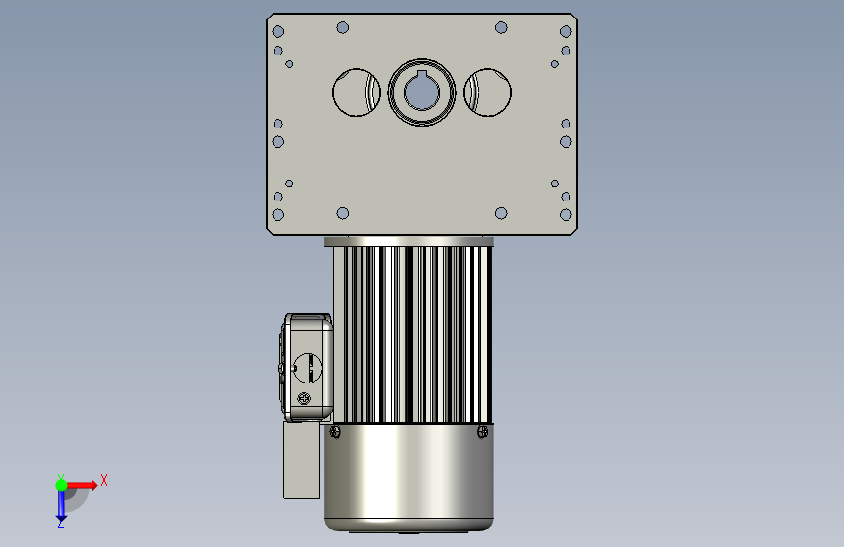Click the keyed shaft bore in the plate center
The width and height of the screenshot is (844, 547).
click(422, 92)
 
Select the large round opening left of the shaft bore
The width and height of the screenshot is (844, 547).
click(355, 92)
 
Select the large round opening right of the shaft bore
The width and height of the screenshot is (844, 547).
click(488, 92)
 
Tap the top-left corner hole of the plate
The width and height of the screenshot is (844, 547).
click(278, 31)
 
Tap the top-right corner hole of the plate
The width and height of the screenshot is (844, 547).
click(566, 31)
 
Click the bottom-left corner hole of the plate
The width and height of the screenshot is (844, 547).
click(278, 215)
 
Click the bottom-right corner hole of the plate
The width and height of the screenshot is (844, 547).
click(566, 215)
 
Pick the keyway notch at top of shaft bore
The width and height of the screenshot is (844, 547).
click(422, 74)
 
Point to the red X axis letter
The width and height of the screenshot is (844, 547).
click(104, 480)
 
